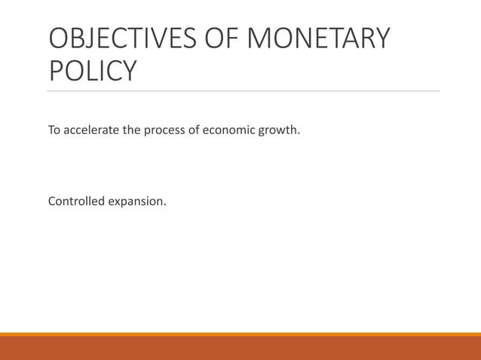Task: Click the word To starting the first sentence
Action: click(x=55, y=130)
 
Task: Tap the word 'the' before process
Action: click(x=132, y=130)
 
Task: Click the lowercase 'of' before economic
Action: click(x=194, y=130)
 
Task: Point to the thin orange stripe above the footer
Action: click(x=240, y=334)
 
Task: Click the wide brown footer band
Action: click(x=240, y=348)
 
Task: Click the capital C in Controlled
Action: click(x=52, y=201)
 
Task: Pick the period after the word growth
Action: click(x=299, y=134)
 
